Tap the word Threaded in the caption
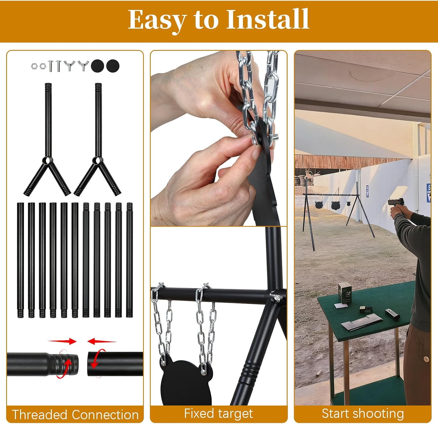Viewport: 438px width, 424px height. pos(39,414)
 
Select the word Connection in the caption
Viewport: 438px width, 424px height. pos(105,414)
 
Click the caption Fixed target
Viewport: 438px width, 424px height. pos(218,413)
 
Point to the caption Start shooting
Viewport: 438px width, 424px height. pos(363,413)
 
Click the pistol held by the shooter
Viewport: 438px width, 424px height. pos(397,202)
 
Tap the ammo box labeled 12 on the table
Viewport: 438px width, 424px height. pos(345,292)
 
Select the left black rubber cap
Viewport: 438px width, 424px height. pos(98,66)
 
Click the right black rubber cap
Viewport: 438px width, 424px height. pos(113,66)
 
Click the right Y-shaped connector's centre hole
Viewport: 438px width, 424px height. pos(97,160)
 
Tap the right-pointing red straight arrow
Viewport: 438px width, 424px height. pos(62,341)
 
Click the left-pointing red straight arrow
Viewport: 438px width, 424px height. pos(102,341)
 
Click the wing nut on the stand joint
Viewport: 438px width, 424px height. pos(274,297)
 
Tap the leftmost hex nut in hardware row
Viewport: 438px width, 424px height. pos(34,66)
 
